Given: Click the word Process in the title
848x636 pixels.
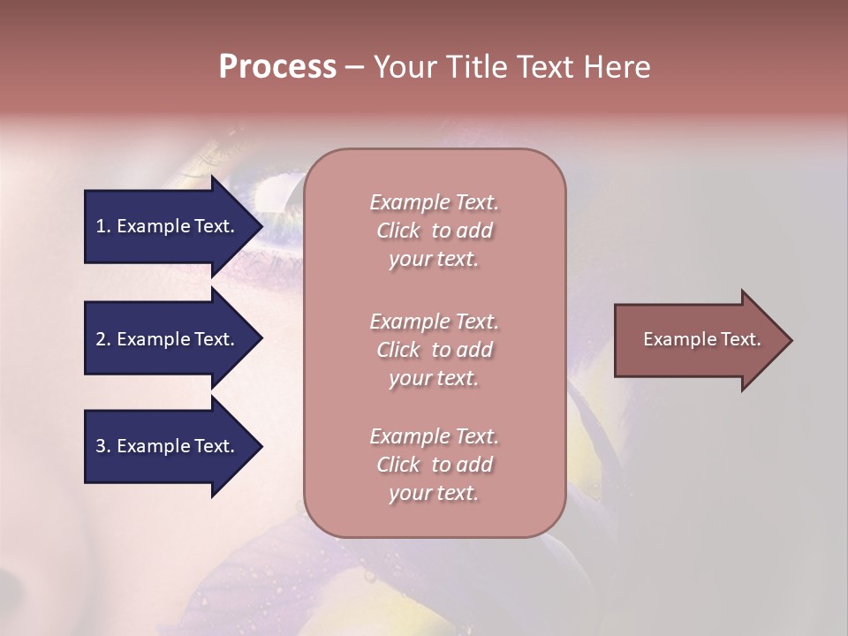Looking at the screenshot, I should (277, 67).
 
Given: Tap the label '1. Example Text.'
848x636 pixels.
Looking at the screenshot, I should (164, 226).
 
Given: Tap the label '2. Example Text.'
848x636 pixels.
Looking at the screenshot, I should (164, 339).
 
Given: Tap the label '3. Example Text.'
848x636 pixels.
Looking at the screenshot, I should (164, 446).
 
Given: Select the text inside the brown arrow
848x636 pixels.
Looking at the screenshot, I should (701, 339).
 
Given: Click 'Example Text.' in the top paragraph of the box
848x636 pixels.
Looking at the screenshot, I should (434, 202).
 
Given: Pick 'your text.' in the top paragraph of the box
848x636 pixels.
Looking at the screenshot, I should (434, 260).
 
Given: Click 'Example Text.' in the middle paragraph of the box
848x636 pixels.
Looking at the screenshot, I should (434, 322).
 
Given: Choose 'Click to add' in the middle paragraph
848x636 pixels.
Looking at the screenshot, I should (434, 350).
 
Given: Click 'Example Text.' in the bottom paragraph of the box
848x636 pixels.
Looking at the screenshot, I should (434, 436).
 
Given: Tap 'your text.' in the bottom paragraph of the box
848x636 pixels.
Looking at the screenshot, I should (434, 494).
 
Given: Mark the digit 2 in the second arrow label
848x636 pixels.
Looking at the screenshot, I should (101, 339).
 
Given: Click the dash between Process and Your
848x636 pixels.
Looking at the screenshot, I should (354, 67).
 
